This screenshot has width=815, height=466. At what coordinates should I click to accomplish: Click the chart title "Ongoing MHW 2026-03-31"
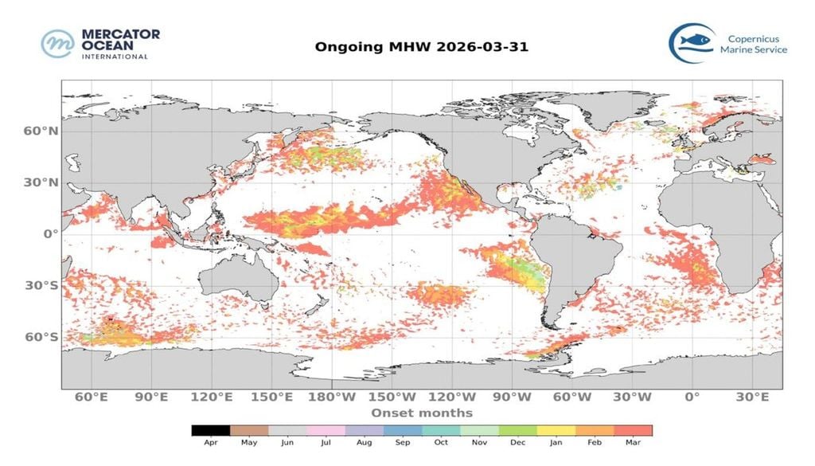421,46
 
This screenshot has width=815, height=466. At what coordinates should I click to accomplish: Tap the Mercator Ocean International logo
100,44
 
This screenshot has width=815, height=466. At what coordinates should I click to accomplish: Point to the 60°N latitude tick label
39,130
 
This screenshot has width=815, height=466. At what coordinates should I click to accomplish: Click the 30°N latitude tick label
39,182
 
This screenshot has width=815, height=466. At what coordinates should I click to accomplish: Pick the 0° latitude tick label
49,233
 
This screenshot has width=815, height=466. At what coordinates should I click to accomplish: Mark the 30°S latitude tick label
39,285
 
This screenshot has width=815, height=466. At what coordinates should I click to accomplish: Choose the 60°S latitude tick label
39,337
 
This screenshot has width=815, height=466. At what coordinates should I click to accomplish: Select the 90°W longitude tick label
512,397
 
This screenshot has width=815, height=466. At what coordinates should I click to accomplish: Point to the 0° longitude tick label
692,397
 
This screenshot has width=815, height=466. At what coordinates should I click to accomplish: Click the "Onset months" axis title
421,413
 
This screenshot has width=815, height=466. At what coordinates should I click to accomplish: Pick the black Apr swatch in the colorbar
211,430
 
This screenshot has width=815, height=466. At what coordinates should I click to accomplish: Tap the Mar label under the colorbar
633,442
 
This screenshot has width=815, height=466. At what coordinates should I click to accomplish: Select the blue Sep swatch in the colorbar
403,430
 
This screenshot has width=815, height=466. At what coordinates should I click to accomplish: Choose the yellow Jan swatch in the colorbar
556,430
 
